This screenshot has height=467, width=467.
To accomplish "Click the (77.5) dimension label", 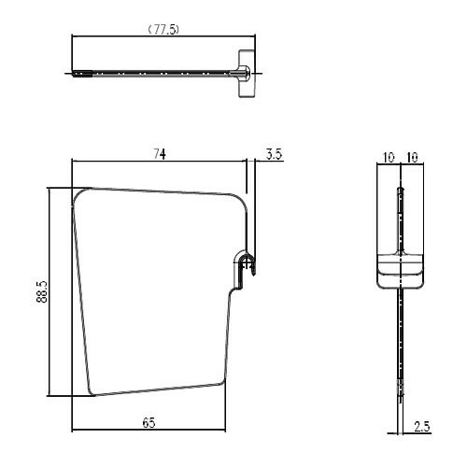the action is [x=163, y=30].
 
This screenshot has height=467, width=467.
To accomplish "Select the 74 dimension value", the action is [x=160, y=154].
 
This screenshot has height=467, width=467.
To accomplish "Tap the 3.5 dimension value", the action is [x=275, y=154].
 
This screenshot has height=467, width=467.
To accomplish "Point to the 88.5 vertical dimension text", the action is [x=42, y=291].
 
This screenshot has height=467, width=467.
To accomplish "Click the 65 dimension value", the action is [x=149, y=422].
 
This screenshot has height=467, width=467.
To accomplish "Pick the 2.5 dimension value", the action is [x=422, y=426].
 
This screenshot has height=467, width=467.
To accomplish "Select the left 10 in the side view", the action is [x=389, y=158].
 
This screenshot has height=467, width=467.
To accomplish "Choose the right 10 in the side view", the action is [x=412, y=158].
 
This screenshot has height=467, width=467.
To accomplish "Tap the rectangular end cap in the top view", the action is [x=247, y=74].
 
